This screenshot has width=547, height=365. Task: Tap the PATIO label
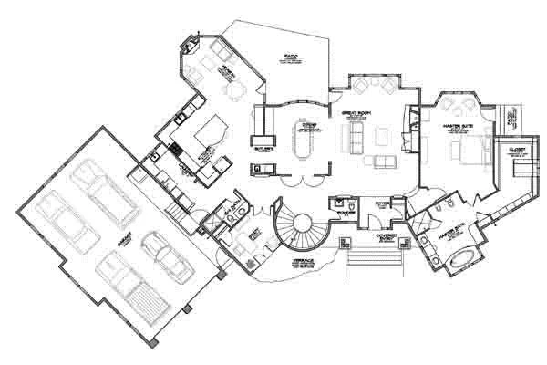click(x=292, y=57)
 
